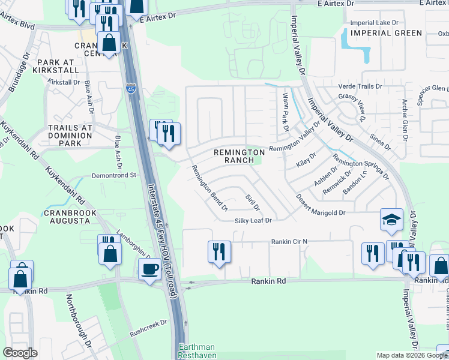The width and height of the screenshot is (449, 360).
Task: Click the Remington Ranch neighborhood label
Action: (x=238, y=157)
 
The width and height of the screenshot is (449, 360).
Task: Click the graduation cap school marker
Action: (x=391, y=220)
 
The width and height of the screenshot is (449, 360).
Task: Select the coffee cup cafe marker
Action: (x=149, y=269)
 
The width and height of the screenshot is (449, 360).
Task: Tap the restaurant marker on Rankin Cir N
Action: (x=219, y=251)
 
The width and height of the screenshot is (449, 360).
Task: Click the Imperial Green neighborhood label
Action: (x=387, y=33)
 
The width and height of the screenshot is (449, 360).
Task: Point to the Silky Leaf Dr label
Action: (x=253, y=221)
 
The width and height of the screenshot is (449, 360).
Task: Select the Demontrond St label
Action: (x=115, y=176)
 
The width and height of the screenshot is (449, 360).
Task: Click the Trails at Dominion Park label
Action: (x=70, y=136)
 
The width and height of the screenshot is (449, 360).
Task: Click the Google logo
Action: (x=20, y=353)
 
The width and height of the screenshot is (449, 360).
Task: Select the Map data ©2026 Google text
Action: (x=411, y=355)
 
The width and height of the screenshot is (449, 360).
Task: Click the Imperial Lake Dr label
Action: (x=374, y=23)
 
